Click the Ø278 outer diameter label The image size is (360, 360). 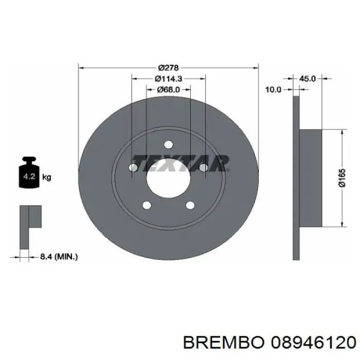pos(168,67)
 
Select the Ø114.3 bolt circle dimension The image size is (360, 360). pos(169,79)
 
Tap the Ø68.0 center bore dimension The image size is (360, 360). pos(169,89)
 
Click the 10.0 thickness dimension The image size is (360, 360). pos(273,89)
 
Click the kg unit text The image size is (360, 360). pos(46,178)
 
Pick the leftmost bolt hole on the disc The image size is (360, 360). pos(133,168)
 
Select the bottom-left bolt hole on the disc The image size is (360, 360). pos(147,206)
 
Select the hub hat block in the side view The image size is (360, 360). pos(310,177)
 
